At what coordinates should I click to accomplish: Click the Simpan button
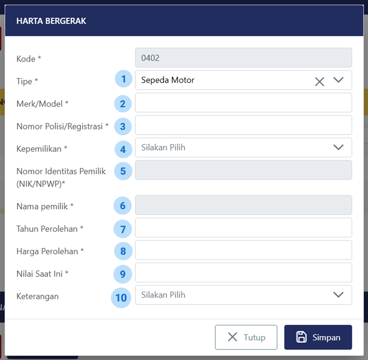click(318, 337)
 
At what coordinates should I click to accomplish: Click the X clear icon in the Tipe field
click(319, 82)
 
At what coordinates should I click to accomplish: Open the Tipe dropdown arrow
click(339, 80)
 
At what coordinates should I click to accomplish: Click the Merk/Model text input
click(243, 102)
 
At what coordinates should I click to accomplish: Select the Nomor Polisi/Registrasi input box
click(243, 125)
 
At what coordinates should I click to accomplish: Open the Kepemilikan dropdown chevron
click(339, 147)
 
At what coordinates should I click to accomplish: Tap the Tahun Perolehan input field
click(243, 227)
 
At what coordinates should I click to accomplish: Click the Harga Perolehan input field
click(243, 250)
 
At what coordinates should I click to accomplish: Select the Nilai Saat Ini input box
click(243, 272)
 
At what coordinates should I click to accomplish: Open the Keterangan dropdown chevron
click(339, 295)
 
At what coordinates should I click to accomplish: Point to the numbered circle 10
click(121, 298)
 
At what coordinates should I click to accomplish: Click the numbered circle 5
click(123, 171)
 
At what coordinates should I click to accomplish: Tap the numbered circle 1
click(124, 79)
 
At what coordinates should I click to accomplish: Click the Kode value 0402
click(150, 58)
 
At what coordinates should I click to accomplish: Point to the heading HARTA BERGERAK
click(51, 21)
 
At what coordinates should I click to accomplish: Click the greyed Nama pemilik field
click(243, 205)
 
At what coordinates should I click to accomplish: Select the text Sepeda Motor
click(168, 80)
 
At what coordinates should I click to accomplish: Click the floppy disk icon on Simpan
click(301, 337)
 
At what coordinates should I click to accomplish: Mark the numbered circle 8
click(123, 251)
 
